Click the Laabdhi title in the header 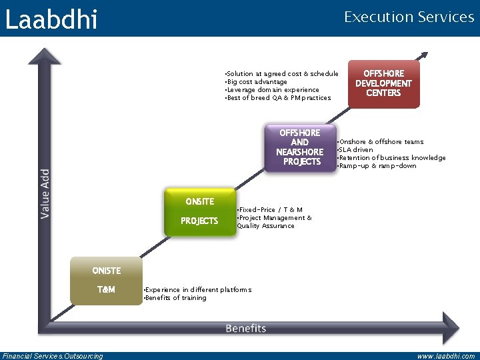coord(51,19)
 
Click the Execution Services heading coord(409,17)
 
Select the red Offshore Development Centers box coord(383,84)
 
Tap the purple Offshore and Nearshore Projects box coord(300,148)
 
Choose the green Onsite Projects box coord(200,211)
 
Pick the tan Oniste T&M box coord(106,281)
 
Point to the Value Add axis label coord(45,193)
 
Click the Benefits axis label coord(245,328)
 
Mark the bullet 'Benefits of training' coord(176,298)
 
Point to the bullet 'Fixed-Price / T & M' coord(271,210)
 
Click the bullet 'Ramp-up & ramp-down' coord(377,166)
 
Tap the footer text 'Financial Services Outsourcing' coord(53,356)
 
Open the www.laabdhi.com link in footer coord(445,356)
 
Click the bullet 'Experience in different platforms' coord(198,290)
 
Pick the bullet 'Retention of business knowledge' coord(392,158)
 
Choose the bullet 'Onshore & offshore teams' coord(381,142)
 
